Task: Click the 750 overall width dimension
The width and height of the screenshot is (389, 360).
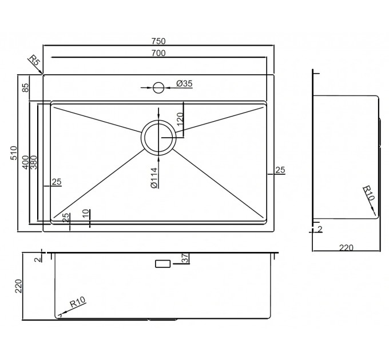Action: point(158,41)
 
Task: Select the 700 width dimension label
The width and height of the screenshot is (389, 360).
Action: point(158,53)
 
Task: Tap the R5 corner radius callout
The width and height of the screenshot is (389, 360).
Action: point(34,61)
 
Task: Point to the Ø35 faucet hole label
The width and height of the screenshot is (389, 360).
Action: point(184,83)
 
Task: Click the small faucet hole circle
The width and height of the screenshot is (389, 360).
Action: point(158,87)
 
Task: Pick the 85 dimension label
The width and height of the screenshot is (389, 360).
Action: point(26,87)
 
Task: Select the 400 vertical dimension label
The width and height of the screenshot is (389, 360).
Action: point(26,162)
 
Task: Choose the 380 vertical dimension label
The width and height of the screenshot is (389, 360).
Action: point(33,162)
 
